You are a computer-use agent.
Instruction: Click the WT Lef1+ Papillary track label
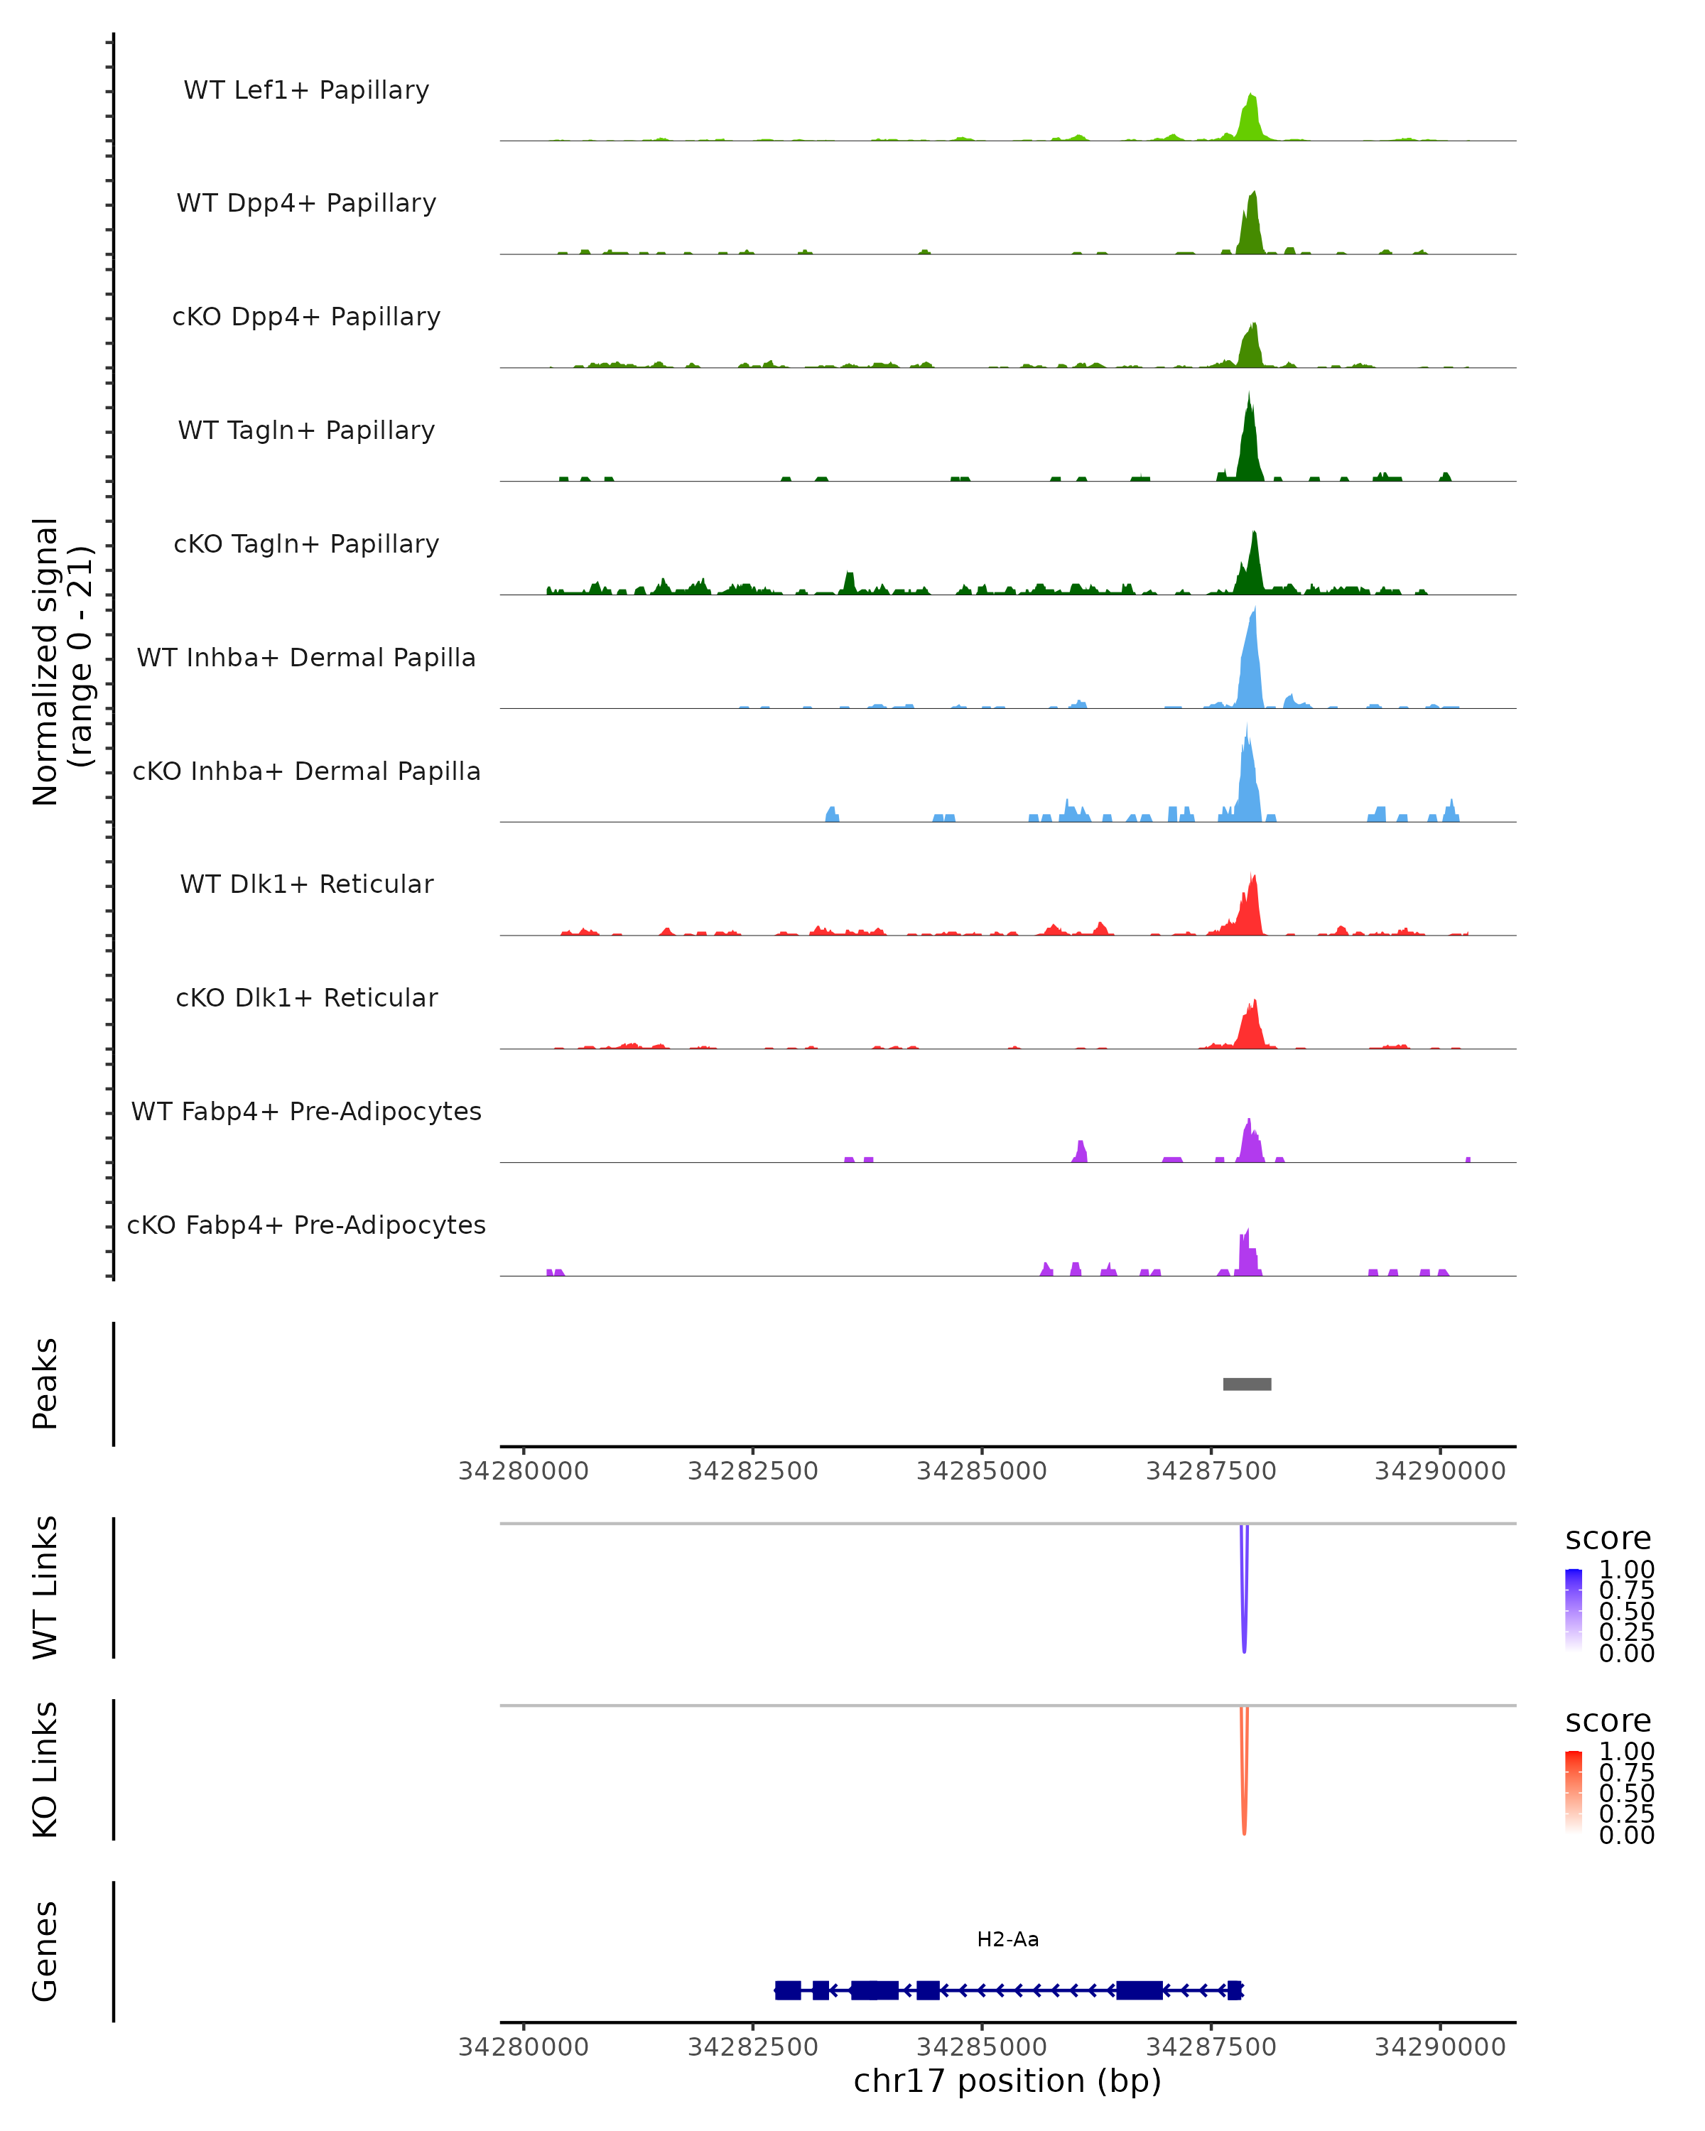(306, 90)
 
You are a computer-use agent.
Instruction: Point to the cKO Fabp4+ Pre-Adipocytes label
(306, 1225)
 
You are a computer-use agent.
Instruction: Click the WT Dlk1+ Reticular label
(306, 884)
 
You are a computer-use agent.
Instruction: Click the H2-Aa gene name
(1007, 1939)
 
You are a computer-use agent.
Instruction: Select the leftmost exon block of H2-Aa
(788, 1990)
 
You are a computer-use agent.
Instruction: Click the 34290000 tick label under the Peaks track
(1439, 1471)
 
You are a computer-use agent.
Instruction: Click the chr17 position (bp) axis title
(1007, 2081)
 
